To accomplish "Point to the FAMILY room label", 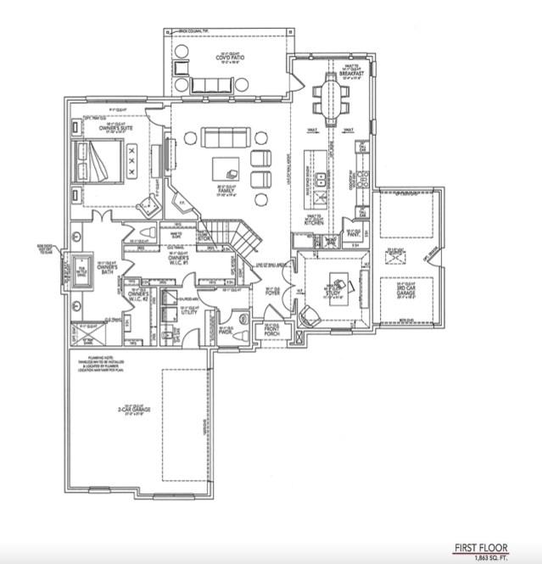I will point(226,191).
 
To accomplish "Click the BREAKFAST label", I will point(351,74).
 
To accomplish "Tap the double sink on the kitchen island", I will point(321,180).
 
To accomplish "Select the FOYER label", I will point(271,293).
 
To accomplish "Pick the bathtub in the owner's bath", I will point(84,271).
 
